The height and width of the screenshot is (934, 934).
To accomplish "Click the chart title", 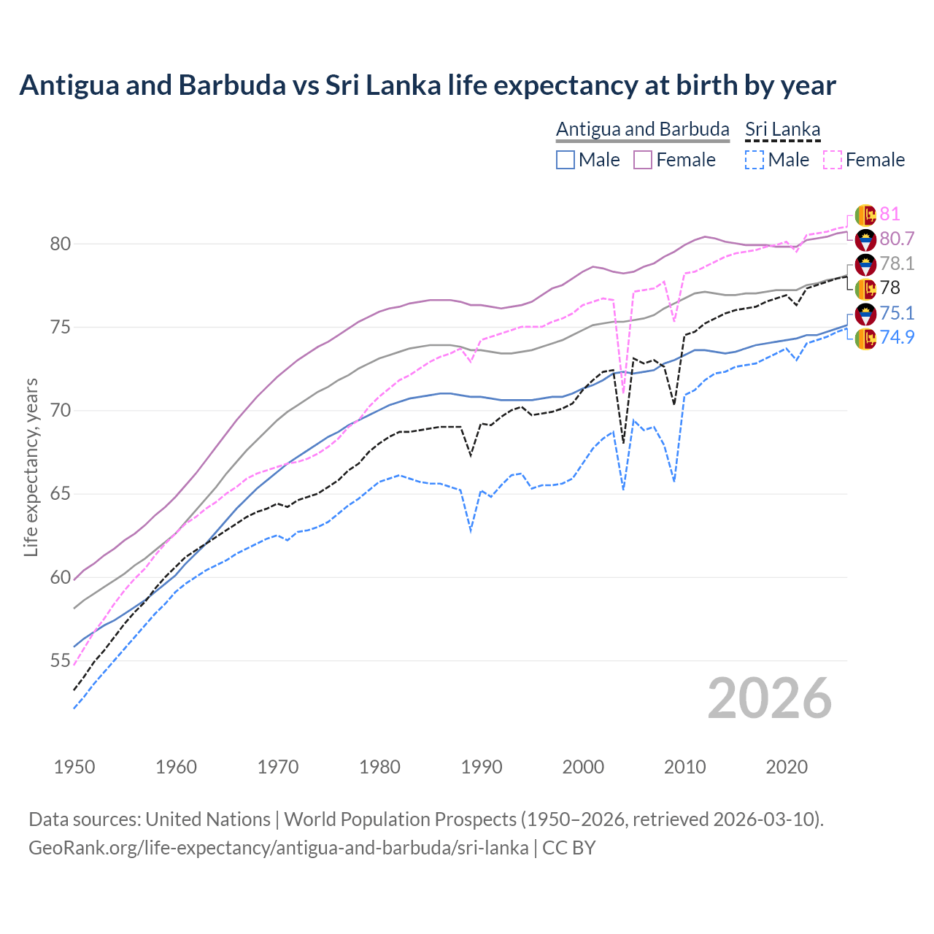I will [427, 85].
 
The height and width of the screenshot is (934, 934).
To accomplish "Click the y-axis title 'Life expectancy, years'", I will [31, 467].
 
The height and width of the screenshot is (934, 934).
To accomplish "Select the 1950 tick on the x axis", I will [74, 767].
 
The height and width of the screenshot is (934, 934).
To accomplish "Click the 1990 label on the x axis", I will [482, 767].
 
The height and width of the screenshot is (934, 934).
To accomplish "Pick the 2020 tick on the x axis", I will [787, 767].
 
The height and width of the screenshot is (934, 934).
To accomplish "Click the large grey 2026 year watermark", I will [770, 698].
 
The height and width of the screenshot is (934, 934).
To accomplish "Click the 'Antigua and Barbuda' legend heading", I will [642, 129].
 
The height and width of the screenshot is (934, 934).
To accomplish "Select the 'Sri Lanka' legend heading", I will [782, 129].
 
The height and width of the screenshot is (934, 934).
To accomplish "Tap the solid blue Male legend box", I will [566, 160].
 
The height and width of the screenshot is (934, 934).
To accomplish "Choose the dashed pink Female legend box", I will [833, 160].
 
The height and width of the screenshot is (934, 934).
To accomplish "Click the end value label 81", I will [889, 214].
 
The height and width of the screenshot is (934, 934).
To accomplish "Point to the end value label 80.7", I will [897, 239].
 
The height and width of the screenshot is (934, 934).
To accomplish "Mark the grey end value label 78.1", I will [897, 263].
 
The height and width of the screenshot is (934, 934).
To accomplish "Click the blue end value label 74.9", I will [897, 337].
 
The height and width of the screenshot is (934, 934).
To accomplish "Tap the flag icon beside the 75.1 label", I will [865, 314].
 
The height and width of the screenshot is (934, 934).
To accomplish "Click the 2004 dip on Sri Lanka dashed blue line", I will [623, 488].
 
